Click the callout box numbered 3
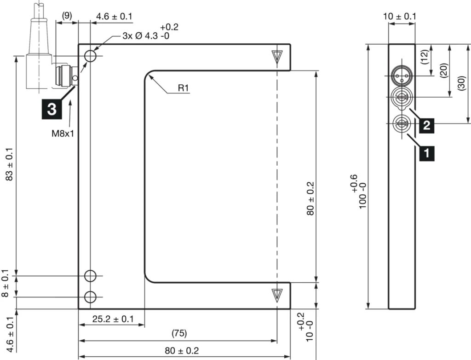(x=52, y=109)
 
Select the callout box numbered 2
(x=426, y=125)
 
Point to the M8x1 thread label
(x=63, y=134)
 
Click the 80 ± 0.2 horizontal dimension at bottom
(x=182, y=351)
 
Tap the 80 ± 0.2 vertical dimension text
(x=311, y=198)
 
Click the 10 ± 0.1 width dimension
(x=400, y=17)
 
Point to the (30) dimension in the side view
(x=461, y=84)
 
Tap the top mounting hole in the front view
(x=91, y=56)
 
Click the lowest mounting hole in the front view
(x=91, y=296)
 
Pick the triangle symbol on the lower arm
(x=276, y=295)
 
